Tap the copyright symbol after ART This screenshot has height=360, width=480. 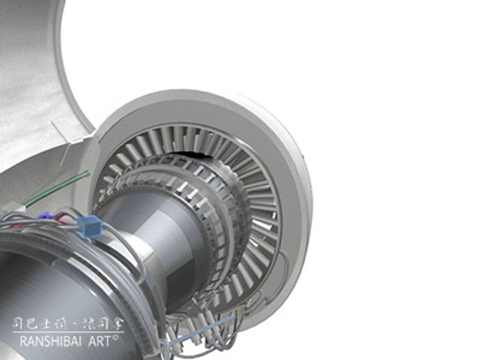click(x=116, y=338)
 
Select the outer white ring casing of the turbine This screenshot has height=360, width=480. click(x=293, y=167)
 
